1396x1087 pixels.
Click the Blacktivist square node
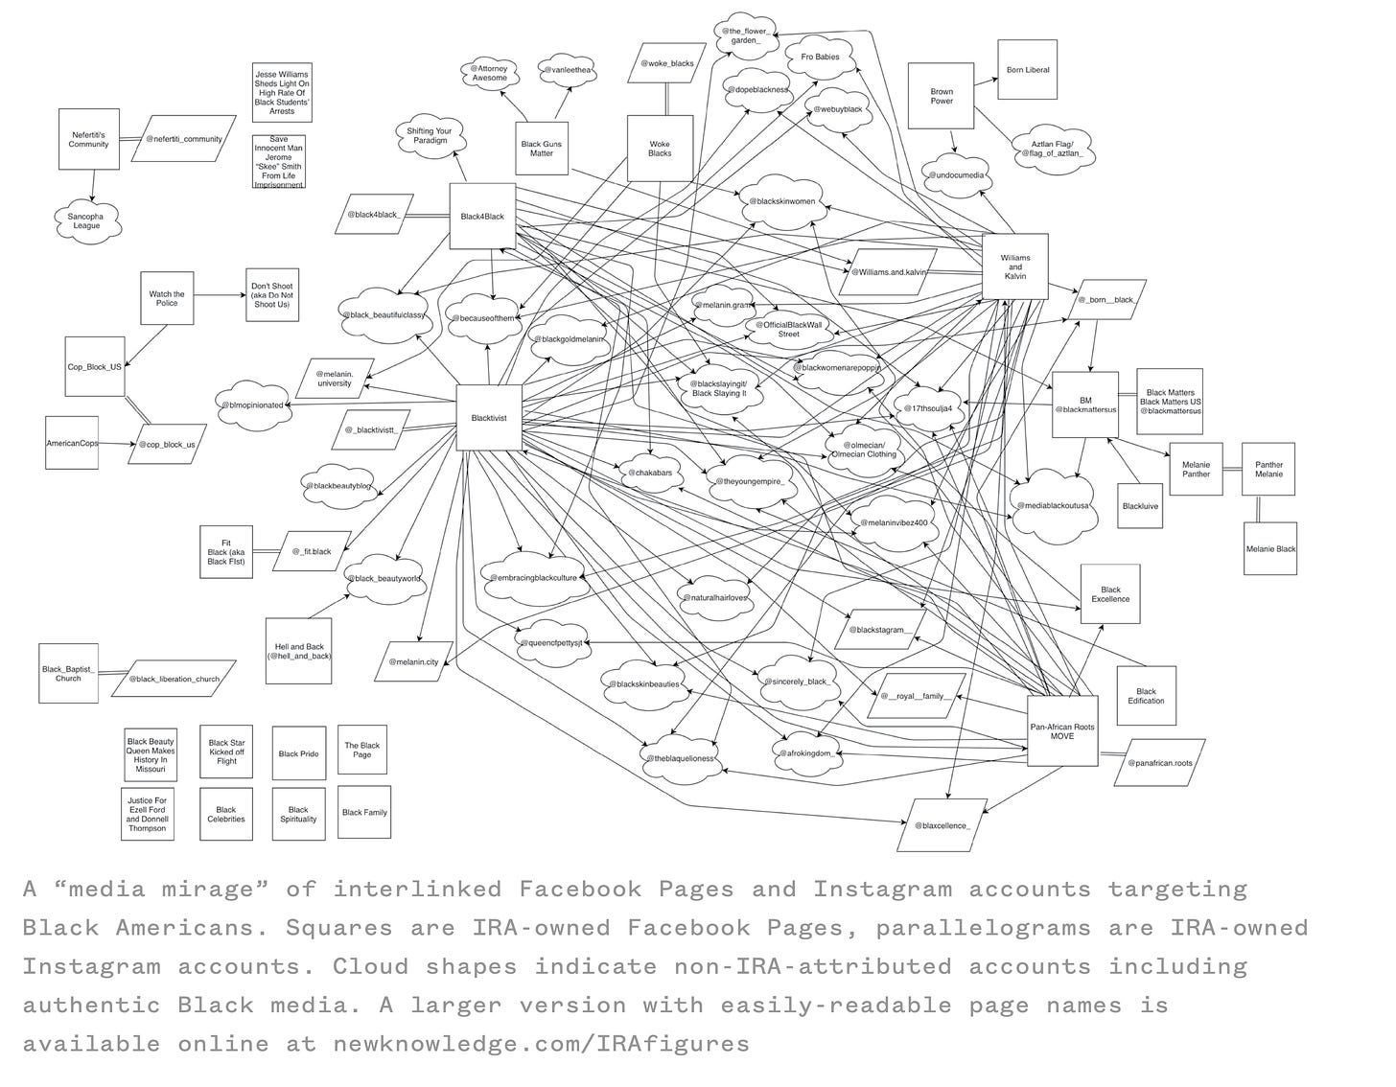pos(489,417)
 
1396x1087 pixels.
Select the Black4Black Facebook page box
pos(482,217)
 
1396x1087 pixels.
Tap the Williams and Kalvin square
pos(1014,266)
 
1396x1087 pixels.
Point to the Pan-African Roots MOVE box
pos(1061,730)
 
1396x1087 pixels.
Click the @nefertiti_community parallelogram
pos(183,139)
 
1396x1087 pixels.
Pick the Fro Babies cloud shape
pos(820,58)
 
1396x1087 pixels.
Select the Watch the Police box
pos(167,298)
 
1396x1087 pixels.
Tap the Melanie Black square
pos(1270,549)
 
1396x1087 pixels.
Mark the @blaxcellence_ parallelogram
pos(942,824)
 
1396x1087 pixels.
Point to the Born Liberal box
pos(1027,70)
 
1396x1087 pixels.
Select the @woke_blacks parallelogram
pos(667,64)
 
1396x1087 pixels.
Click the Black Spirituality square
pos(298,814)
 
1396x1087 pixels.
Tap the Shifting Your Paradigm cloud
pos(429,135)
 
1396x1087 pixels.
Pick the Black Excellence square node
pos(1110,594)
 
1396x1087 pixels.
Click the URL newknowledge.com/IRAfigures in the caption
pos(541,1043)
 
